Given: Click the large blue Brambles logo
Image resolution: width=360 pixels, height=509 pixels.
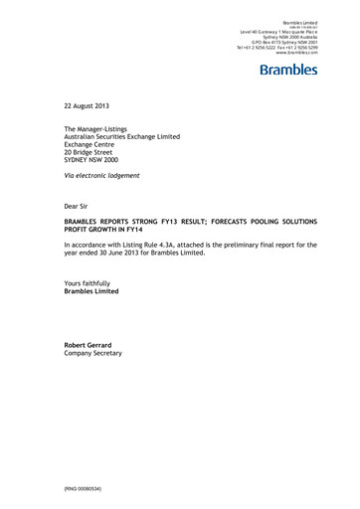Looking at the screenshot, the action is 288,70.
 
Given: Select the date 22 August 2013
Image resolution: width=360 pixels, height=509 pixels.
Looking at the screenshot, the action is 89,103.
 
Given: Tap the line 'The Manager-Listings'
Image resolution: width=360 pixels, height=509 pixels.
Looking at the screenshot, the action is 101,130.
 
